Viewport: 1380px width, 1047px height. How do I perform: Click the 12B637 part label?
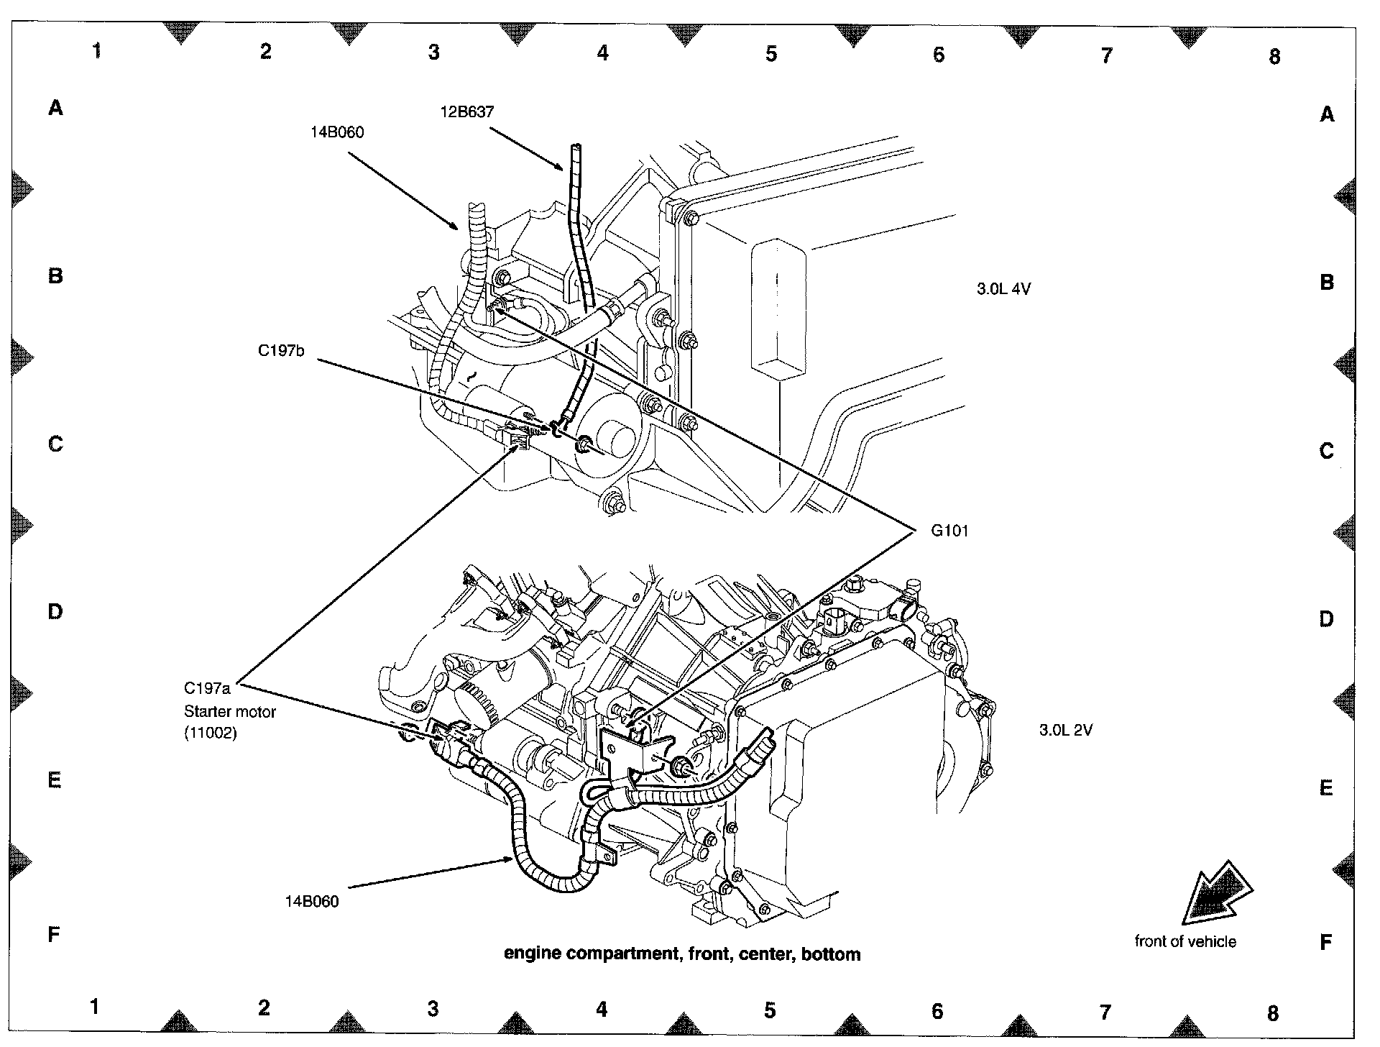[467, 112]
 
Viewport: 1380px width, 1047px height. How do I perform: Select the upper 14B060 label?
[337, 132]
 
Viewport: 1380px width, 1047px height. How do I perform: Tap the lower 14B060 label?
[311, 902]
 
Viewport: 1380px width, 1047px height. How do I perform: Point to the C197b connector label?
[281, 352]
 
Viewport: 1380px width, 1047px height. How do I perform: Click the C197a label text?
[207, 688]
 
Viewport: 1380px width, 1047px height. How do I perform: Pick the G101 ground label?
[949, 531]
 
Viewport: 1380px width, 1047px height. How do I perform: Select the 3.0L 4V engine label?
[1003, 289]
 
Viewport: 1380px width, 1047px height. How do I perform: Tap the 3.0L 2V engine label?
[1065, 730]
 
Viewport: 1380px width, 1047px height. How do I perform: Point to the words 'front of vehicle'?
[1185, 941]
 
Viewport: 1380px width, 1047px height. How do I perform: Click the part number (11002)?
[210, 734]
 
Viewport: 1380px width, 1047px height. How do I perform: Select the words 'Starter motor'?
[230, 711]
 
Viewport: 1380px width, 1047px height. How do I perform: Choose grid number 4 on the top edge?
[602, 52]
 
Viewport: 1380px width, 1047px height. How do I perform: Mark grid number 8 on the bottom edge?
[1273, 1013]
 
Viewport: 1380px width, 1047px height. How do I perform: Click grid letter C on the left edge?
[55, 444]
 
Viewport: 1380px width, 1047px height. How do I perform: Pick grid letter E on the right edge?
[1326, 788]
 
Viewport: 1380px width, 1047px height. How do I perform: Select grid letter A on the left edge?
[55, 109]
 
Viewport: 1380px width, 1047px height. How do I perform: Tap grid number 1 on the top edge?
[97, 50]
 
